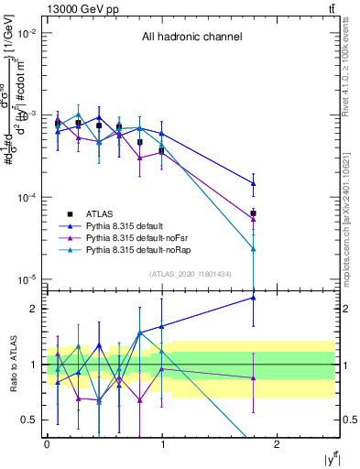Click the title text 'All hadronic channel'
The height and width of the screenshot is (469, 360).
tap(191, 38)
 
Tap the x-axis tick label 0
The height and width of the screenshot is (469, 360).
tap(46, 444)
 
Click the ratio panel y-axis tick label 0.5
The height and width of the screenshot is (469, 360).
tap(32, 420)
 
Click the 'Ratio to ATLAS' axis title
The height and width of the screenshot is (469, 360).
tap(11, 364)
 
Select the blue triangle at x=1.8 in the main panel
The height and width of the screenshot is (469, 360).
tap(253, 184)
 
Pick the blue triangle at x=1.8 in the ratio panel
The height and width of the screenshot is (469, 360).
tap(253, 297)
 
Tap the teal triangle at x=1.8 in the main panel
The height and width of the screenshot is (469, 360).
tap(253, 248)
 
